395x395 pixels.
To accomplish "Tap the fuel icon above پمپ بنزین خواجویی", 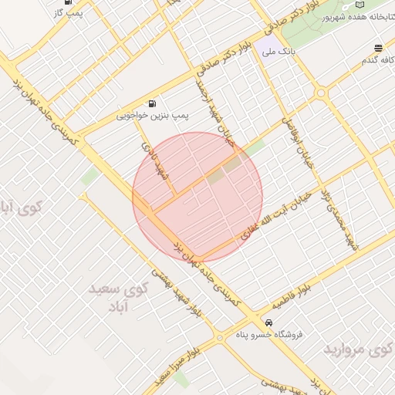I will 152,103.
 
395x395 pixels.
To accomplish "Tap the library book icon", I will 382,4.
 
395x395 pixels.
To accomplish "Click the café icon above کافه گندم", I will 377,48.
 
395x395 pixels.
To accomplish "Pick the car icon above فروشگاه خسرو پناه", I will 268,322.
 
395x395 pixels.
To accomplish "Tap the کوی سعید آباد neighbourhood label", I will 116,297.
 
